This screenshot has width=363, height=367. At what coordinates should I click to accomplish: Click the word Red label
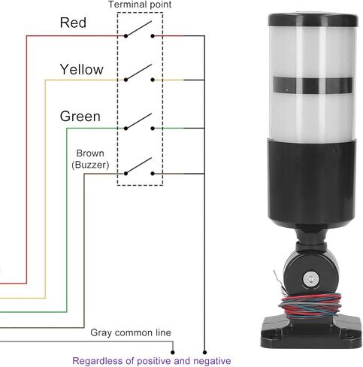click(x=73, y=23)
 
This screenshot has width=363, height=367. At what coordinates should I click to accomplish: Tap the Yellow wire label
click(x=82, y=69)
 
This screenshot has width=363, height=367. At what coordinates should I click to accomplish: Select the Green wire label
click(x=80, y=117)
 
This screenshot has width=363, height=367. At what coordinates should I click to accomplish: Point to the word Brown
click(x=90, y=153)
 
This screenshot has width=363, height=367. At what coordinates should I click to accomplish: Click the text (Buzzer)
click(x=90, y=165)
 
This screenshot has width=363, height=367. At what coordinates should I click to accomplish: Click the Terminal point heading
click(x=140, y=5)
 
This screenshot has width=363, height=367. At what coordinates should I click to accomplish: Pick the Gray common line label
click(x=131, y=332)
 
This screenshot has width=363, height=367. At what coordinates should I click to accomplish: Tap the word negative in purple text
click(x=213, y=361)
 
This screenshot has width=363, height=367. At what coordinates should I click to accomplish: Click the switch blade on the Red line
click(x=138, y=29)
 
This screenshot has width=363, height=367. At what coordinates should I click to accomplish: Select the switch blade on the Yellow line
click(x=138, y=72)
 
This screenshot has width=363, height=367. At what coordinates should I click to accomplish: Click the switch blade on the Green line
click(x=138, y=121)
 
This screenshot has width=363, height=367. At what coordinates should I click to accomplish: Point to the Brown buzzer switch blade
click(x=138, y=165)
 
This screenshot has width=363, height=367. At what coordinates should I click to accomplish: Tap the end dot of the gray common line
click(x=173, y=353)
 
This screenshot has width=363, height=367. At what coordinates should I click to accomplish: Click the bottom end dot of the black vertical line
click(x=204, y=353)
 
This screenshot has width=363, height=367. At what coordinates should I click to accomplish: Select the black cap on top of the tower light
click(x=313, y=20)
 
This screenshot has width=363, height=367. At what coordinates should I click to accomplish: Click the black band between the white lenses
click(x=313, y=85)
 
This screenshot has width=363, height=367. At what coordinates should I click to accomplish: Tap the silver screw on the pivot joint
click(x=311, y=278)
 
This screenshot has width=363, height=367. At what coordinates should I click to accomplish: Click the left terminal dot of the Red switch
click(x=126, y=36)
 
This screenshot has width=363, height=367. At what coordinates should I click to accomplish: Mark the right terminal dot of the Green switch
click(x=153, y=129)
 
